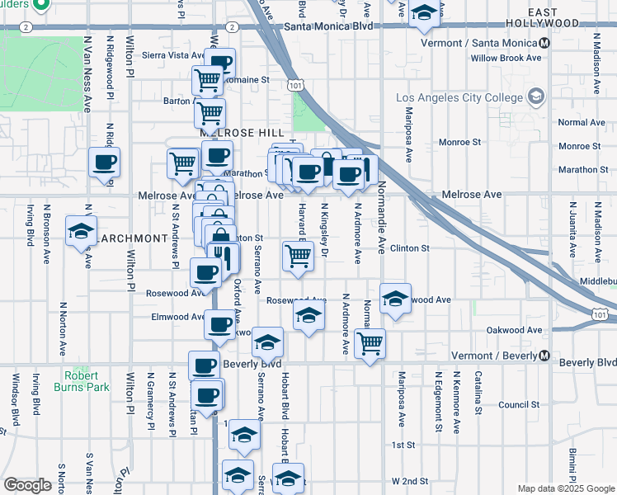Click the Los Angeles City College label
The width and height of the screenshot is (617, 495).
(x=459, y=97)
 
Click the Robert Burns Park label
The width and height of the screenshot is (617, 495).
(x=82, y=380)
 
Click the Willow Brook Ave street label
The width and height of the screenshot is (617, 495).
(x=506, y=59)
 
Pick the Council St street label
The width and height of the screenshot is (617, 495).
(x=518, y=405)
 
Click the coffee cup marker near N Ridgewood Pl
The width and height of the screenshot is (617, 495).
(x=105, y=163)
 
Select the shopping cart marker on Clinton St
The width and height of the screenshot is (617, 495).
(x=298, y=255)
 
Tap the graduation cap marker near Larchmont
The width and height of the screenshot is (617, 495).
(x=82, y=231)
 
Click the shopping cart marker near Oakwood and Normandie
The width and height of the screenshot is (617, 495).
(x=370, y=342)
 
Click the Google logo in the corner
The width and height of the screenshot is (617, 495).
(x=27, y=485)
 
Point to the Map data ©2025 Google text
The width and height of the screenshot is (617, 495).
(x=566, y=488)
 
